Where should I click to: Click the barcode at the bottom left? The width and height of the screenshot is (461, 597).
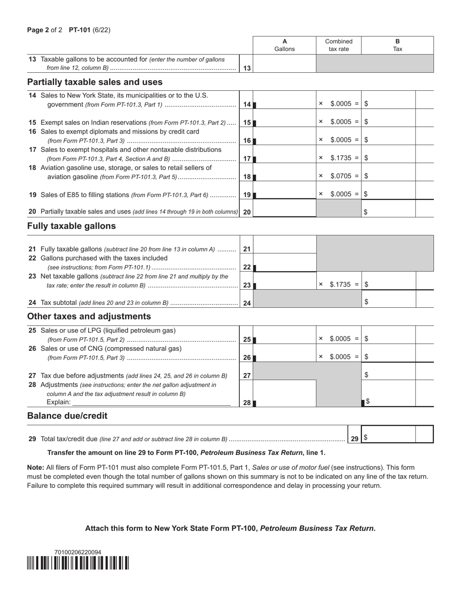coord(78,563)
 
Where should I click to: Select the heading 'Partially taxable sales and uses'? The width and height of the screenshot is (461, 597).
coord(95,82)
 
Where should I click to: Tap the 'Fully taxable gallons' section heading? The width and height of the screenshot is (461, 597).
coord(71,226)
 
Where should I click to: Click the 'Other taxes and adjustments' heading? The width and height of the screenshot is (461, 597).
coord(89,316)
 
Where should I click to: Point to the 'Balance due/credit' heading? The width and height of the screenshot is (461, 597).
coord(67,416)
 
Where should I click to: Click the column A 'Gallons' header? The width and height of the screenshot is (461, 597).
coord(284,45)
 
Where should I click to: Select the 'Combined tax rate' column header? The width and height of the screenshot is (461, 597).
coord(339,45)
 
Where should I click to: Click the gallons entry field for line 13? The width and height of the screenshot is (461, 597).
coord(284,64)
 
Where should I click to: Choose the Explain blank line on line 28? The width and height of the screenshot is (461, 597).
coord(151,402)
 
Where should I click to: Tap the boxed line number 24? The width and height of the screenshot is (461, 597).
coord(247,303)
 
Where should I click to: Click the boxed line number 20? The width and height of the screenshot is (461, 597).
coord(247,212)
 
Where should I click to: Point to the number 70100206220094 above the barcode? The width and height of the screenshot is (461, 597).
coord(78,552)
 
